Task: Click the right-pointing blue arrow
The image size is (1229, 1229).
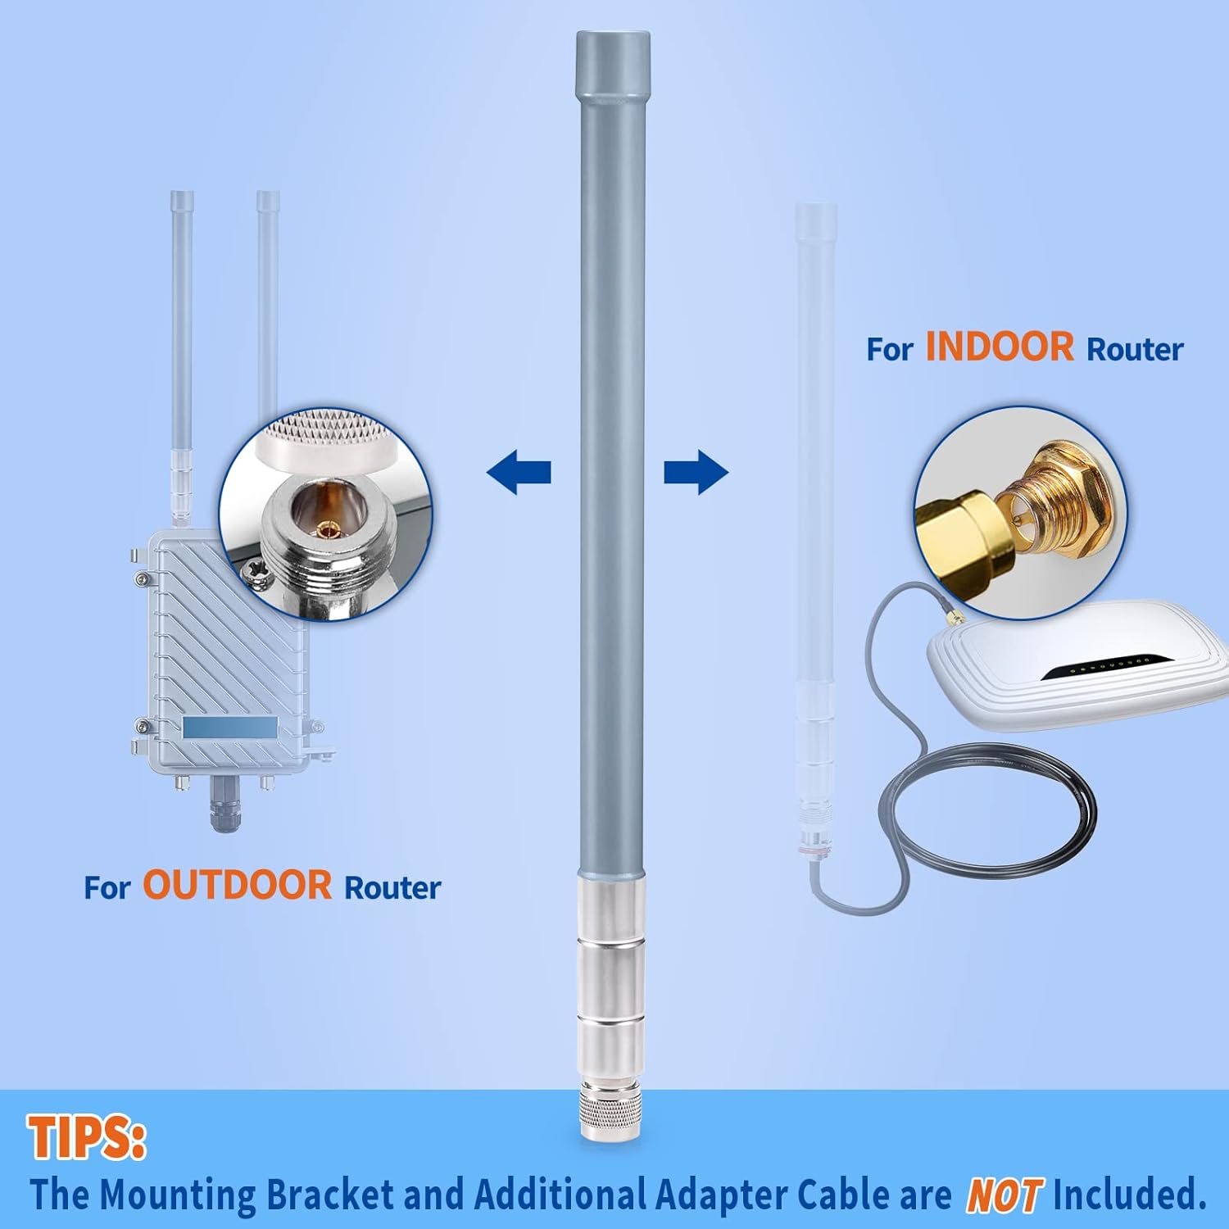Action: tap(696, 472)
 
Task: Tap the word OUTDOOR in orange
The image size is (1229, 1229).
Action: tap(238, 886)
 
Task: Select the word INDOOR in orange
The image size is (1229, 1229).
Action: tap(1000, 347)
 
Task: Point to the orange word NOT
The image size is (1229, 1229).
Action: tap(1005, 1195)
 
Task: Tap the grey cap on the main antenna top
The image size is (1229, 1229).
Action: tap(613, 66)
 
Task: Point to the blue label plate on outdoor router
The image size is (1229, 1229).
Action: tap(230, 727)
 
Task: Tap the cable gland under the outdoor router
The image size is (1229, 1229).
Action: tap(224, 807)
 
